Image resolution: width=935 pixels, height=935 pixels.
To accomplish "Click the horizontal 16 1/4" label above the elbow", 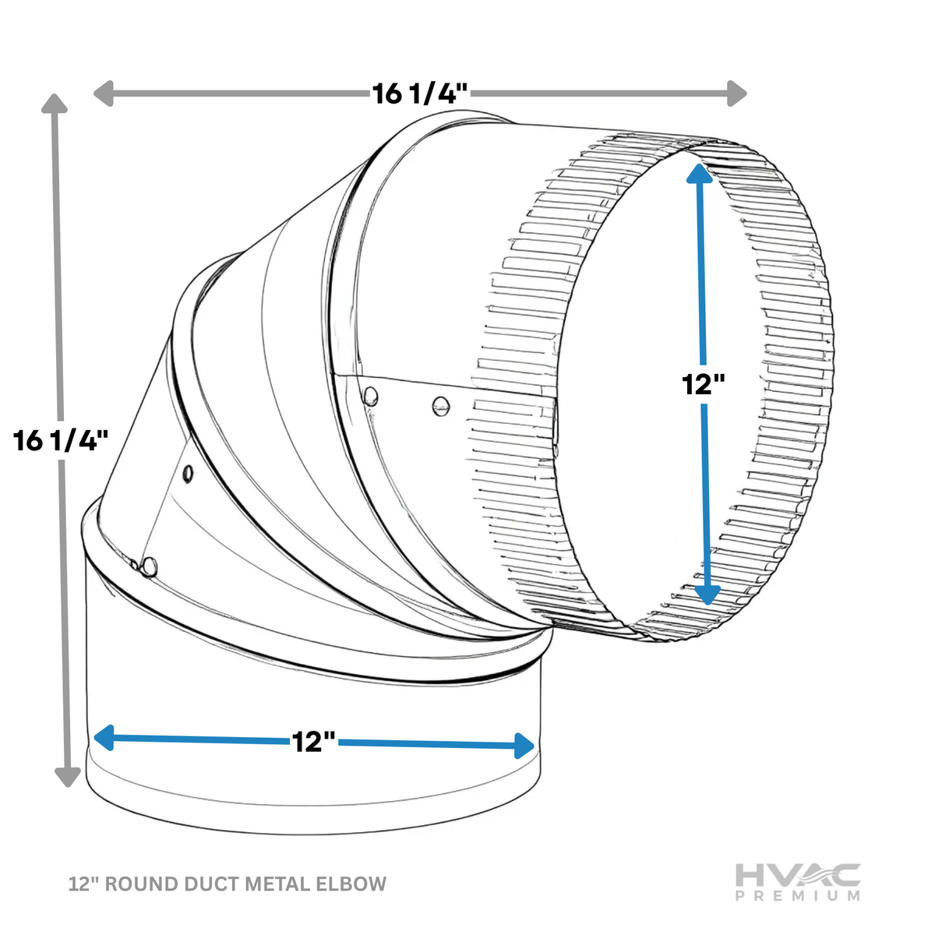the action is coord(419,93).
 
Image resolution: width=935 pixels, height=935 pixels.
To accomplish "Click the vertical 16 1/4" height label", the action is coord(61,440).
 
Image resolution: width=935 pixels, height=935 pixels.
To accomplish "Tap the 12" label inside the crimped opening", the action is coord(703,384).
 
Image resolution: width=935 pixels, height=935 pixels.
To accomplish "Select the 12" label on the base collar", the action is coord(313,742).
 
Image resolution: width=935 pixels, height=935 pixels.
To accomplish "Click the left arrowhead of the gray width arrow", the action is coord(103,93).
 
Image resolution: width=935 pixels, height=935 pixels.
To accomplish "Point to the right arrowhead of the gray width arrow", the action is coord(736,93).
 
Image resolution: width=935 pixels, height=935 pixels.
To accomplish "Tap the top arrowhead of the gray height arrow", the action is coord(55,104).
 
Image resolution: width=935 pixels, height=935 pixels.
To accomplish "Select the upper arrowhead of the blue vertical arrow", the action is coord(699,174).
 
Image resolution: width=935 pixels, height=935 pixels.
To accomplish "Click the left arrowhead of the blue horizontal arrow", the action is coord(104,738).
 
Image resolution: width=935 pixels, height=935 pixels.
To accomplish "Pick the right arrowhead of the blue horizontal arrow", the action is coord(524,746).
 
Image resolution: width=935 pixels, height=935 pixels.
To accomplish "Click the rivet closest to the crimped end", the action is coord(440,406).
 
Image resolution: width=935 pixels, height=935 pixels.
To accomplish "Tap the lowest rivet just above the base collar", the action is coord(149,566).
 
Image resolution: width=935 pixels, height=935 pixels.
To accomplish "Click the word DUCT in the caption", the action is coord(212,884).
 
